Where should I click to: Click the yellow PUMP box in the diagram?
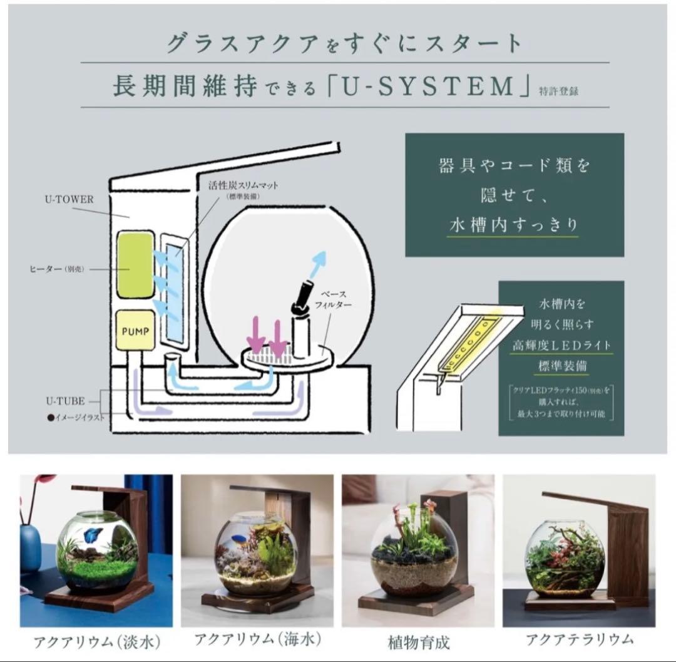(x=135, y=329)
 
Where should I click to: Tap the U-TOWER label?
(x=69, y=200)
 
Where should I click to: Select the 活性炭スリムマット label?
(x=243, y=185)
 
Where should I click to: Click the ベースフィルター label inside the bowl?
(x=335, y=299)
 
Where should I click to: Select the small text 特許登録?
(x=558, y=90)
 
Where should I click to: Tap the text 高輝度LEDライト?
(x=561, y=344)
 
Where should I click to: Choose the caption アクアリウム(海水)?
(x=257, y=639)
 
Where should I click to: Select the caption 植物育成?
(x=418, y=642)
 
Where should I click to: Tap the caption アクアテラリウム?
(x=579, y=639)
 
